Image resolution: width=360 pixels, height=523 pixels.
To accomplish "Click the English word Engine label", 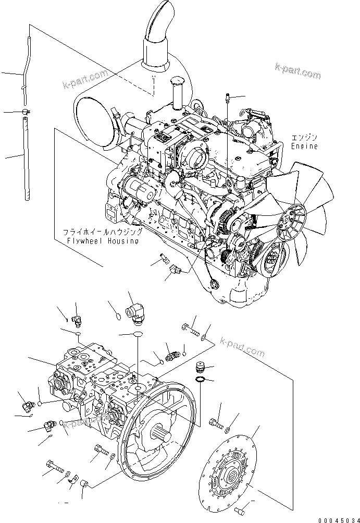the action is click(304, 146).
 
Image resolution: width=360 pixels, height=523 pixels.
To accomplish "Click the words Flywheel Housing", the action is click(103, 240).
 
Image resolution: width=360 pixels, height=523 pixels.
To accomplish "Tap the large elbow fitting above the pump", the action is click(134, 312).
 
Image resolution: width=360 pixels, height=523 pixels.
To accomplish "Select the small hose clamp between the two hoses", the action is click(27, 111).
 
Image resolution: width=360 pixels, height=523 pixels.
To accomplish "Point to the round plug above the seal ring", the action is click(200, 367).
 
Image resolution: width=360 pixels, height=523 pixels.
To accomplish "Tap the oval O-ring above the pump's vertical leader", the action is click(138, 334).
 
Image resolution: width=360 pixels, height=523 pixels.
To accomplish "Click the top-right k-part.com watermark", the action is click(297, 71).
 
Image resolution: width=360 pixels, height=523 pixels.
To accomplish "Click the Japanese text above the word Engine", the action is click(304, 138).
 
